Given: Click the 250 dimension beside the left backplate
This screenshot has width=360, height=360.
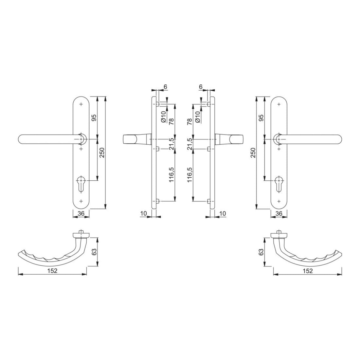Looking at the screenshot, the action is (102, 153).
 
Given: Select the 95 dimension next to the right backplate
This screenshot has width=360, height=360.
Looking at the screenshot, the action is (261, 117).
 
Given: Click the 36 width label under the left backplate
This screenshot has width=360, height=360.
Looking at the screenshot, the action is (81, 213).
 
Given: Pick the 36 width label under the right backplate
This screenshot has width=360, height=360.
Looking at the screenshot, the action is (279, 213).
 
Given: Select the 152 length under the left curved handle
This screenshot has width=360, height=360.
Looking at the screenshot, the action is (52, 271).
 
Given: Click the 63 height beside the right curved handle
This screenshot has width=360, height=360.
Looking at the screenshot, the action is (261, 252).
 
